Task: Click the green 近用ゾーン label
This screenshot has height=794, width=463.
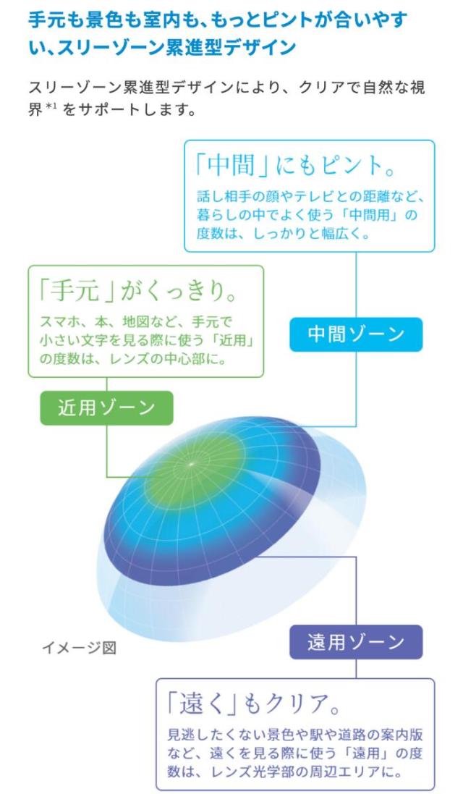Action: click(x=107, y=407)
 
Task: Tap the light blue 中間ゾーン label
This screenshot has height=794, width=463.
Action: click(x=356, y=334)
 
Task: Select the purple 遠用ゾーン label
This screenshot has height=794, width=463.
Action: click(x=356, y=642)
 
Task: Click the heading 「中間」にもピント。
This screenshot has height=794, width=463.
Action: click(x=295, y=166)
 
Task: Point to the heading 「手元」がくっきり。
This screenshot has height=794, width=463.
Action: click(x=137, y=291)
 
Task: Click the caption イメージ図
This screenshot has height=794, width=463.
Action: click(x=79, y=647)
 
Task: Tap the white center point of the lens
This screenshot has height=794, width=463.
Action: click(x=191, y=463)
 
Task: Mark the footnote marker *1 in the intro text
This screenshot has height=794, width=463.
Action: click(x=51, y=107)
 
